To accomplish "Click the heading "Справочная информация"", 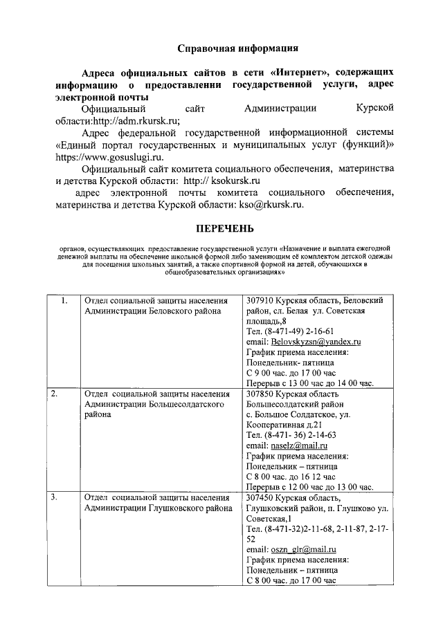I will click(237, 48).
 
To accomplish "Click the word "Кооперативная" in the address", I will click(275, 425).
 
